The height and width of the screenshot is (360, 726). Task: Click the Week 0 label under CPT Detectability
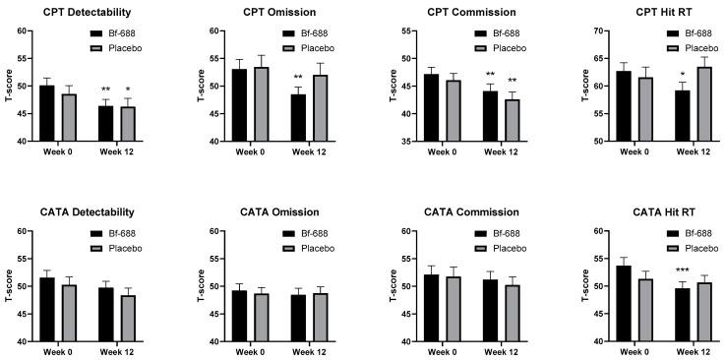coord(58,151)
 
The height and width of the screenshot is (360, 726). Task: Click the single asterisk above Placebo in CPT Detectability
coord(127,90)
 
